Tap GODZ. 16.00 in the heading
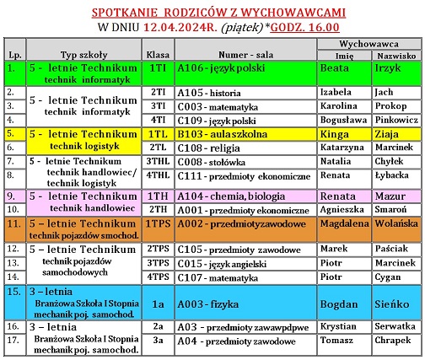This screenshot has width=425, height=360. (330, 25)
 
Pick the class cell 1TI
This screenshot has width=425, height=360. (157, 68)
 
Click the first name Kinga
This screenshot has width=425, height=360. (334, 134)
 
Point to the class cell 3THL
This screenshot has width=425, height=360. (158, 161)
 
